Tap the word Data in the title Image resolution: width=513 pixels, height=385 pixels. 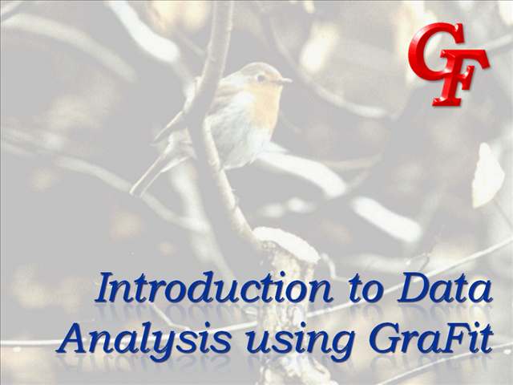pos(444,289)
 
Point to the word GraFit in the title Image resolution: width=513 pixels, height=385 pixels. pos(431,337)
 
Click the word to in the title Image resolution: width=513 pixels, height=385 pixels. pos(366,290)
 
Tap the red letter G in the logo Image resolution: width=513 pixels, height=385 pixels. pos(436,48)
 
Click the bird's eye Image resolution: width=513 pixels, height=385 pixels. pos(261,78)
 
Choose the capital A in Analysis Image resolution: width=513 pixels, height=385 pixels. pos(73,338)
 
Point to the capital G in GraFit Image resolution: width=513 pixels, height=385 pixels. pos(386,338)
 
